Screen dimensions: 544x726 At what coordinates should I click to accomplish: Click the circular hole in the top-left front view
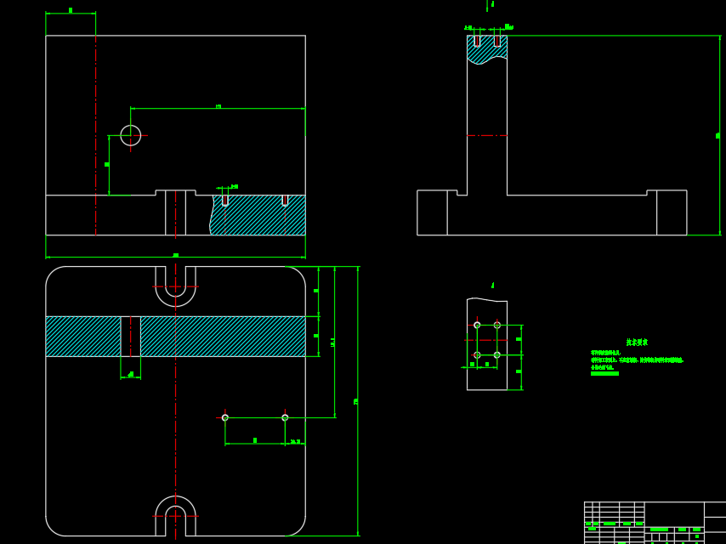pyautogui.click(x=130, y=135)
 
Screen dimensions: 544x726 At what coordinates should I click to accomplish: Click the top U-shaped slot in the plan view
pyautogui.click(x=175, y=284)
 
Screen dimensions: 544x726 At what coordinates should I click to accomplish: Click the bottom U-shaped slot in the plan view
pyautogui.click(x=175, y=518)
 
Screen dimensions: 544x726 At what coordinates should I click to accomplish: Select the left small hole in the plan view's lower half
pyautogui.click(x=225, y=417)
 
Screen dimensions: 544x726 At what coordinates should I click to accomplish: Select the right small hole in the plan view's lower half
pyautogui.click(x=285, y=417)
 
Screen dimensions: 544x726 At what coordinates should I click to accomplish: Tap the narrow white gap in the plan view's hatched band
pyautogui.click(x=130, y=336)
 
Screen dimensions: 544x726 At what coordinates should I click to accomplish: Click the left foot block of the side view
pyautogui.click(x=432, y=212)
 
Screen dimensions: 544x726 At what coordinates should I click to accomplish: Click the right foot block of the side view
pyautogui.click(x=672, y=212)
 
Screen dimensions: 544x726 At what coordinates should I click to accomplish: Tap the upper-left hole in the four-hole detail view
pyautogui.click(x=477, y=325)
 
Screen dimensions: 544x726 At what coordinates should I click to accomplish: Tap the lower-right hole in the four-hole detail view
pyautogui.click(x=497, y=354)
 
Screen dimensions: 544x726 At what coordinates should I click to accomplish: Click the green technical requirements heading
pyautogui.click(x=637, y=342)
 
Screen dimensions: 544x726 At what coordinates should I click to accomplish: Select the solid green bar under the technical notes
pyautogui.click(x=604, y=373)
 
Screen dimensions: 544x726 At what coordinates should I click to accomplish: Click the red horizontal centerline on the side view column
pyautogui.click(x=487, y=135)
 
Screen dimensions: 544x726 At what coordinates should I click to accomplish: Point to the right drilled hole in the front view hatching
pyautogui.click(x=285, y=200)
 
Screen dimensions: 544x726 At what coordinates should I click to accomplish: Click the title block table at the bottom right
pyautogui.click(x=655, y=523)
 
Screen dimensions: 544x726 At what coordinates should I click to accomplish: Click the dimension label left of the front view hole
pyautogui.click(x=107, y=164)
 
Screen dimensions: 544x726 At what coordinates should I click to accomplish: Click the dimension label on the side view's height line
pyautogui.click(x=717, y=135)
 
